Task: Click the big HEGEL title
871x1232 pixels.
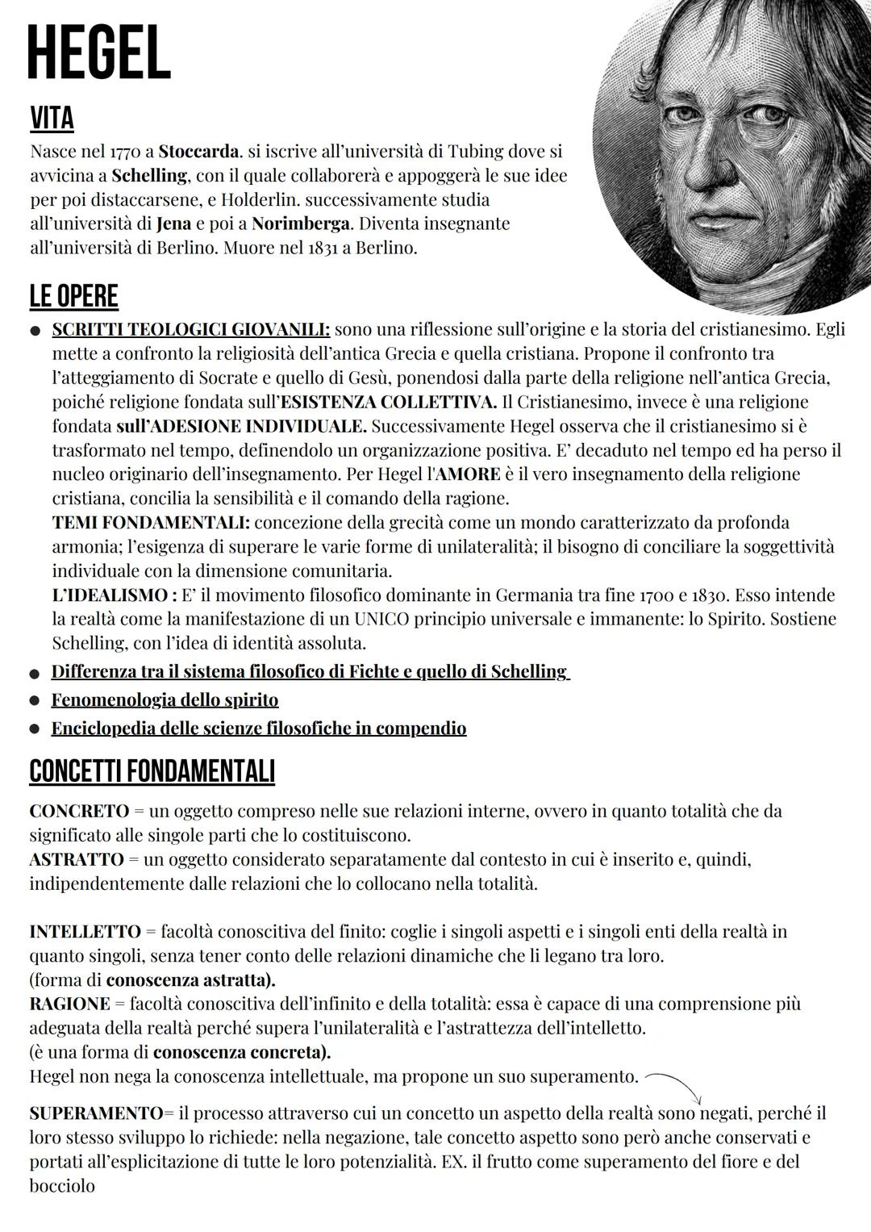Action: [x=98, y=53]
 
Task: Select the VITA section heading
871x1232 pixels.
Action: [x=52, y=119]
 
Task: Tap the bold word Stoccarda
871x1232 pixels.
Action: [x=199, y=151]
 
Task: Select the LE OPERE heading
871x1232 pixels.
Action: [x=73, y=296]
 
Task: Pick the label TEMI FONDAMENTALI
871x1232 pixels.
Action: [x=151, y=523]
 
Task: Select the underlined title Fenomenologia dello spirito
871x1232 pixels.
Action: [x=165, y=700]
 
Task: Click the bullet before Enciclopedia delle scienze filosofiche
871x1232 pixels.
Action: [x=35, y=729]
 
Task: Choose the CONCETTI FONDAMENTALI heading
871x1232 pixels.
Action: [x=152, y=771]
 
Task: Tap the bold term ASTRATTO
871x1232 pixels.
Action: [x=77, y=859]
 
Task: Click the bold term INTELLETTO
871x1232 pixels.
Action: [x=85, y=932]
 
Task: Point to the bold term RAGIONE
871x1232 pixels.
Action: [x=69, y=1004]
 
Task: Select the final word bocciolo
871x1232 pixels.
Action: [x=62, y=1187]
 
